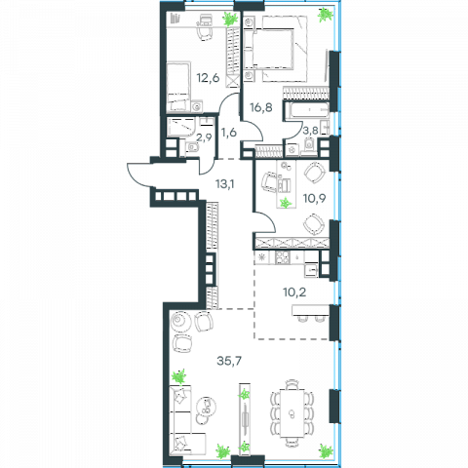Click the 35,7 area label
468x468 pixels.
(x=229, y=361)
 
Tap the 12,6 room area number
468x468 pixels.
(x=208, y=78)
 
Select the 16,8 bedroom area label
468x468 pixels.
(x=261, y=107)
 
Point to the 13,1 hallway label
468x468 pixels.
(x=225, y=184)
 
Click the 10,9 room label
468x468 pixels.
(x=314, y=198)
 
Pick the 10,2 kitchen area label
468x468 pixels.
(x=294, y=292)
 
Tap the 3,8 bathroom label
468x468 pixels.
(x=310, y=131)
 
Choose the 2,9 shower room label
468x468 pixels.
(x=204, y=137)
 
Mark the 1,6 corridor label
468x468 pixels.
(x=228, y=133)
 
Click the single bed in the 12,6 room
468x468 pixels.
(x=177, y=87)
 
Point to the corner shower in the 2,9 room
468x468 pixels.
(x=180, y=127)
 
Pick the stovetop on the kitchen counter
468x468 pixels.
(x=282, y=258)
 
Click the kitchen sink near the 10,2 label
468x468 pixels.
(x=311, y=270)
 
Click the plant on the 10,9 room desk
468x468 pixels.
(x=286, y=203)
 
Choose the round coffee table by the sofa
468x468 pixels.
(x=206, y=406)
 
